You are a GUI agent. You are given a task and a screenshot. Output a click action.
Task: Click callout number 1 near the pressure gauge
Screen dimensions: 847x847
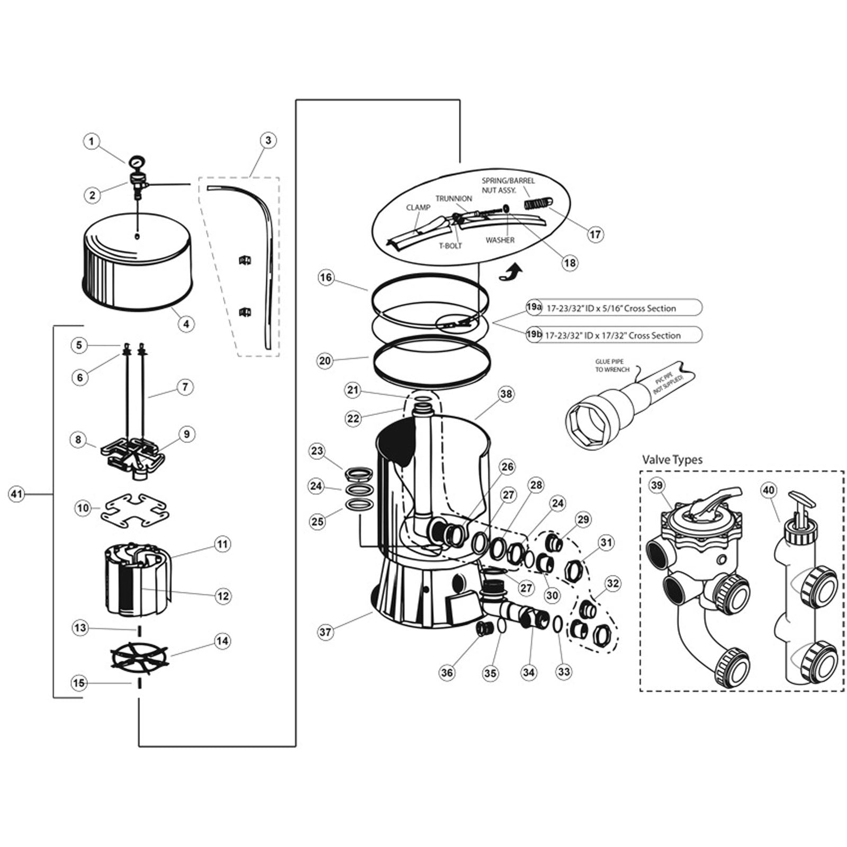(92, 141)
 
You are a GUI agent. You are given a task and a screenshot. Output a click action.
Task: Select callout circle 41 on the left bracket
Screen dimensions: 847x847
(17, 494)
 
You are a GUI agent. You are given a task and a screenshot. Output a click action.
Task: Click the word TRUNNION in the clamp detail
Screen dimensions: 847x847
(454, 199)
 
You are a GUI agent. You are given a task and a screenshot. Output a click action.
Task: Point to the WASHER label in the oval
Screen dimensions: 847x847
(500, 240)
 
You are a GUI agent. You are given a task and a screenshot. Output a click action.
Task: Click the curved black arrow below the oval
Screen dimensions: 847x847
(511, 273)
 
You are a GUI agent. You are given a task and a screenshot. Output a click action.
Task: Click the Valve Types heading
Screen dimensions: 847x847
(672, 459)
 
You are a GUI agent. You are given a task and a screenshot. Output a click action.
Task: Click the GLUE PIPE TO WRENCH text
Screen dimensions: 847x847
(612, 365)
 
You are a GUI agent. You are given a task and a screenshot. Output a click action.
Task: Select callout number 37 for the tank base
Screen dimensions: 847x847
(326, 632)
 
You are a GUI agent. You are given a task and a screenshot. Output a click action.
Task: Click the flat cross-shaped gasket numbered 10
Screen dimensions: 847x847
(135, 510)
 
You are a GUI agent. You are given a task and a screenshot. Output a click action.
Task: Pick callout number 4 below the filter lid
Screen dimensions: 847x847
(186, 323)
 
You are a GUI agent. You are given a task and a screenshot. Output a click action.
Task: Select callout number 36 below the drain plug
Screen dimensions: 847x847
(447, 672)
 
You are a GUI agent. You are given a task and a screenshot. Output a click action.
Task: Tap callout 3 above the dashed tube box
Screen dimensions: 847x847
(268, 140)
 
